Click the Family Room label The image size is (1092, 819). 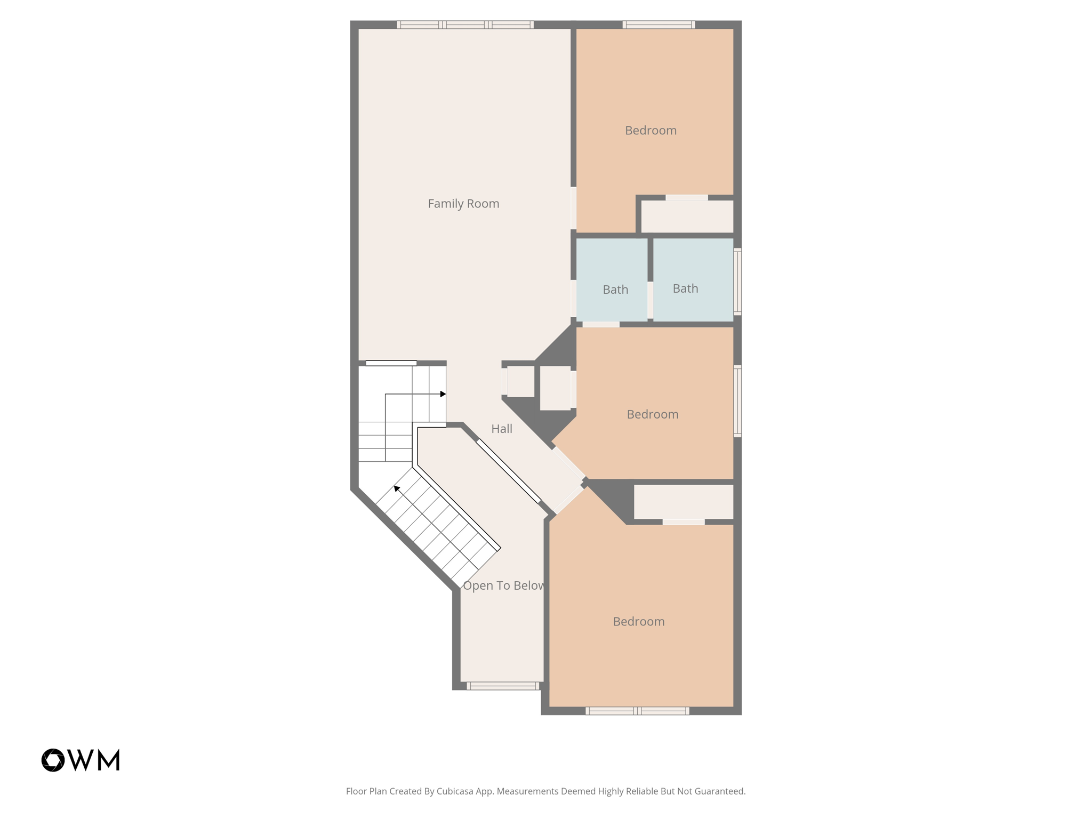(463, 204)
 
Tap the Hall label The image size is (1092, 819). (501, 429)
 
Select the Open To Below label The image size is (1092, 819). (503, 585)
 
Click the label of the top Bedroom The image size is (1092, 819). (651, 131)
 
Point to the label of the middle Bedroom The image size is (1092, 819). (652, 414)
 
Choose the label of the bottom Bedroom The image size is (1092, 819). (638, 622)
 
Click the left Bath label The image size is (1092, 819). (615, 290)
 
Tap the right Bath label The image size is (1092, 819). (685, 288)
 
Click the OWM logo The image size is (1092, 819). (81, 760)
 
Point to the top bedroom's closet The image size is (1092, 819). (687, 216)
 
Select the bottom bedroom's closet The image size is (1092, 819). (683, 501)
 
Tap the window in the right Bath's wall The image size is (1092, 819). (737, 281)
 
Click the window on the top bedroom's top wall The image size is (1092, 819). (659, 25)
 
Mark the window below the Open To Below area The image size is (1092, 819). (503, 686)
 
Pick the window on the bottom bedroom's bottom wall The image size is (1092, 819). (637, 711)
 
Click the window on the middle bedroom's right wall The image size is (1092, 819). (737, 401)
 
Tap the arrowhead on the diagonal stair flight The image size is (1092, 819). (396, 488)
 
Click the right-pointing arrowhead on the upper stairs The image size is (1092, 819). (443, 394)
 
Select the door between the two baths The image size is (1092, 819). (651, 300)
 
